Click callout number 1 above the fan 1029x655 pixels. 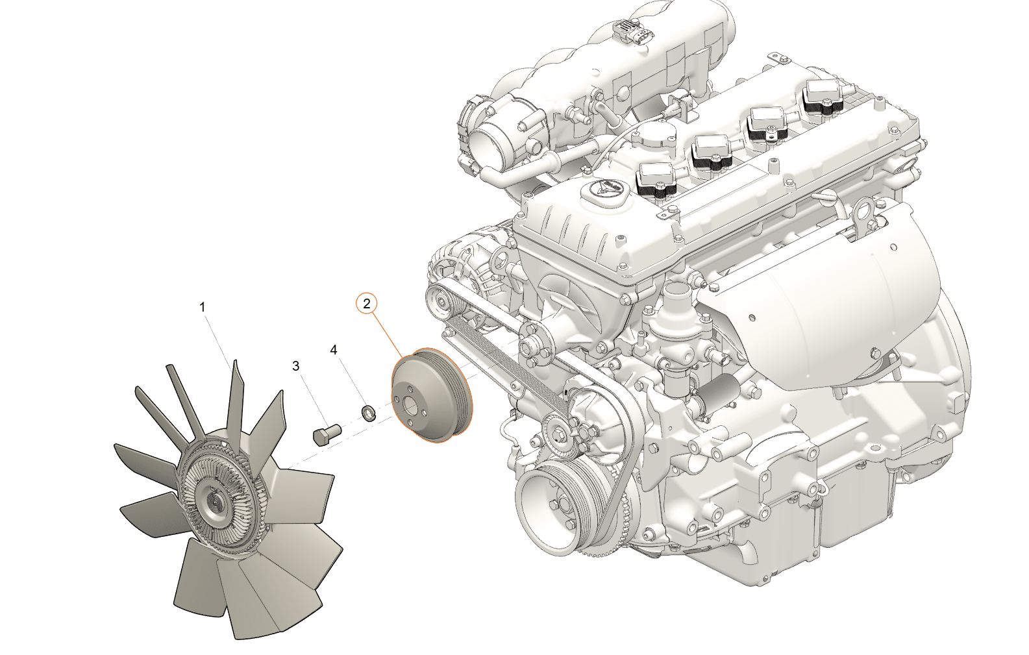pyautogui.click(x=202, y=307)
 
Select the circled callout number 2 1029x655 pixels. pyautogui.click(x=367, y=304)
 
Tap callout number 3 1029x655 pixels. pyautogui.click(x=296, y=365)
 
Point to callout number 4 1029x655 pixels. pyautogui.click(x=334, y=350)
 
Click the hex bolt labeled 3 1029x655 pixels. pyautogui.click(x=327, y=434)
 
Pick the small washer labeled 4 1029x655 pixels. pyautogui.click(x=368, y=412)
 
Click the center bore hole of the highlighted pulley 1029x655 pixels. pyautogui.click(x=410, y=408)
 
